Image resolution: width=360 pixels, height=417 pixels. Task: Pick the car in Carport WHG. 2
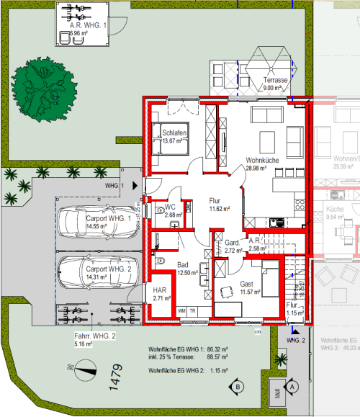pyautogui.click(x=94, y=272)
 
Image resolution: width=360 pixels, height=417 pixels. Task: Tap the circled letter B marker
pyautogui.click(x=238, y=387)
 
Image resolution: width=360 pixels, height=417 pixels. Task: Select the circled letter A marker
pyautogui.click(x=292, y=386)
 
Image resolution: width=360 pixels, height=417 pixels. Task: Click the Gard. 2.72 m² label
pyautogui.click(x=233, y=246)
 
